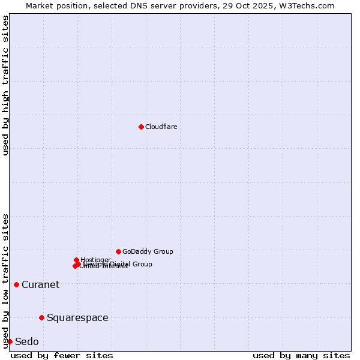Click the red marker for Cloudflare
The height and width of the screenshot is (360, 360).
(141, 127)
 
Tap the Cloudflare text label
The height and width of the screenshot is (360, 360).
(161, 127)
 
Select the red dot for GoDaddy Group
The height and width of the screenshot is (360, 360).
(118, 251)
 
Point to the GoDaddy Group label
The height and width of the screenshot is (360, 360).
(148, 251)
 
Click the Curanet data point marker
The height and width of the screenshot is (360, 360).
(16, 284)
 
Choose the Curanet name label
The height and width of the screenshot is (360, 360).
(40, 285)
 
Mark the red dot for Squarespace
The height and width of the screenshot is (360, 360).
(41, 317)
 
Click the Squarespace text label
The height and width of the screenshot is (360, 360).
(77, 318)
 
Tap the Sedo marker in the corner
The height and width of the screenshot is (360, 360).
(10, 341)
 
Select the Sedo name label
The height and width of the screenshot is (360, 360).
(27, 342)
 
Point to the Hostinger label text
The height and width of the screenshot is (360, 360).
(95, 260)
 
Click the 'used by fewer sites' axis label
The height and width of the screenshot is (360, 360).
(62, 355)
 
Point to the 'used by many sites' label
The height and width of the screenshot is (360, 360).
(301, 355)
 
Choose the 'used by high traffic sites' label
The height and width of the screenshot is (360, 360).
(5, 85)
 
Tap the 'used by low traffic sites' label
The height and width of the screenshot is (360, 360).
(5, 281)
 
